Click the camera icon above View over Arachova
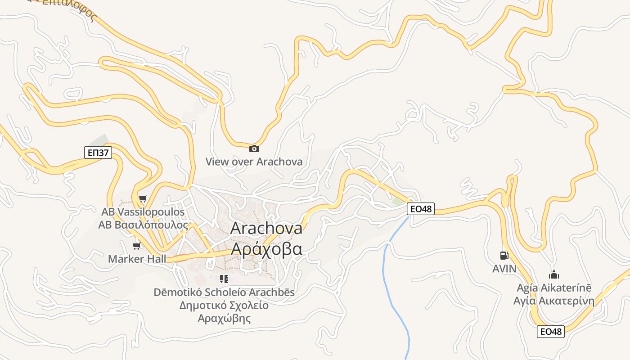tap(254, 148)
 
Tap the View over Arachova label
tap(254, 162)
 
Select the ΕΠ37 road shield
tap(98, 153)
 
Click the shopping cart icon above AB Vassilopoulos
tap(143, 198)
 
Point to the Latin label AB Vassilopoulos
tap(143, 211)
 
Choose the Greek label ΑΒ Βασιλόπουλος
tap(143, 225)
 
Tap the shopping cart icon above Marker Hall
tap(137, 246)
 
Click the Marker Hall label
tap(137, 259)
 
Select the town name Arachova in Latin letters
tap(266, 228)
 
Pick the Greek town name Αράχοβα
tap(266, 249)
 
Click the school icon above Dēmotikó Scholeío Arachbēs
tap(224, 279)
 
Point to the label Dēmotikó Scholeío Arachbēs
tap(224, 292)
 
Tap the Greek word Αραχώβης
tap(224, 319)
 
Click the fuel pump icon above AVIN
tap(504, 256)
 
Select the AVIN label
tap(504, 269)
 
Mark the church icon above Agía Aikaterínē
tap(554, 274)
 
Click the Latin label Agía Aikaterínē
tap(554, 288)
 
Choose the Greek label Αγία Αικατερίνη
tap(554, 301)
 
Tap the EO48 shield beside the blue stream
tap(421, 209)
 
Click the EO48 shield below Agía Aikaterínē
tap(551, 332)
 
